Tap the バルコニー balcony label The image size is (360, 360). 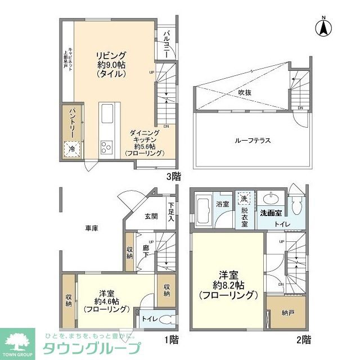click(167, 41)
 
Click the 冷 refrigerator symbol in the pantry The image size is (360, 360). click(72, 148)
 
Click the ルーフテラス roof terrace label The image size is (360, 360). click(251, 140)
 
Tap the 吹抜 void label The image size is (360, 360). click(244, 92)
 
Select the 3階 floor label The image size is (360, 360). click(173, 176)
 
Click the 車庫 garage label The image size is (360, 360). click(92, 228)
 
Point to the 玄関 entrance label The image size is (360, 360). click(151, 216)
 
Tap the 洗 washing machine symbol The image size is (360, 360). click(244, 200)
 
